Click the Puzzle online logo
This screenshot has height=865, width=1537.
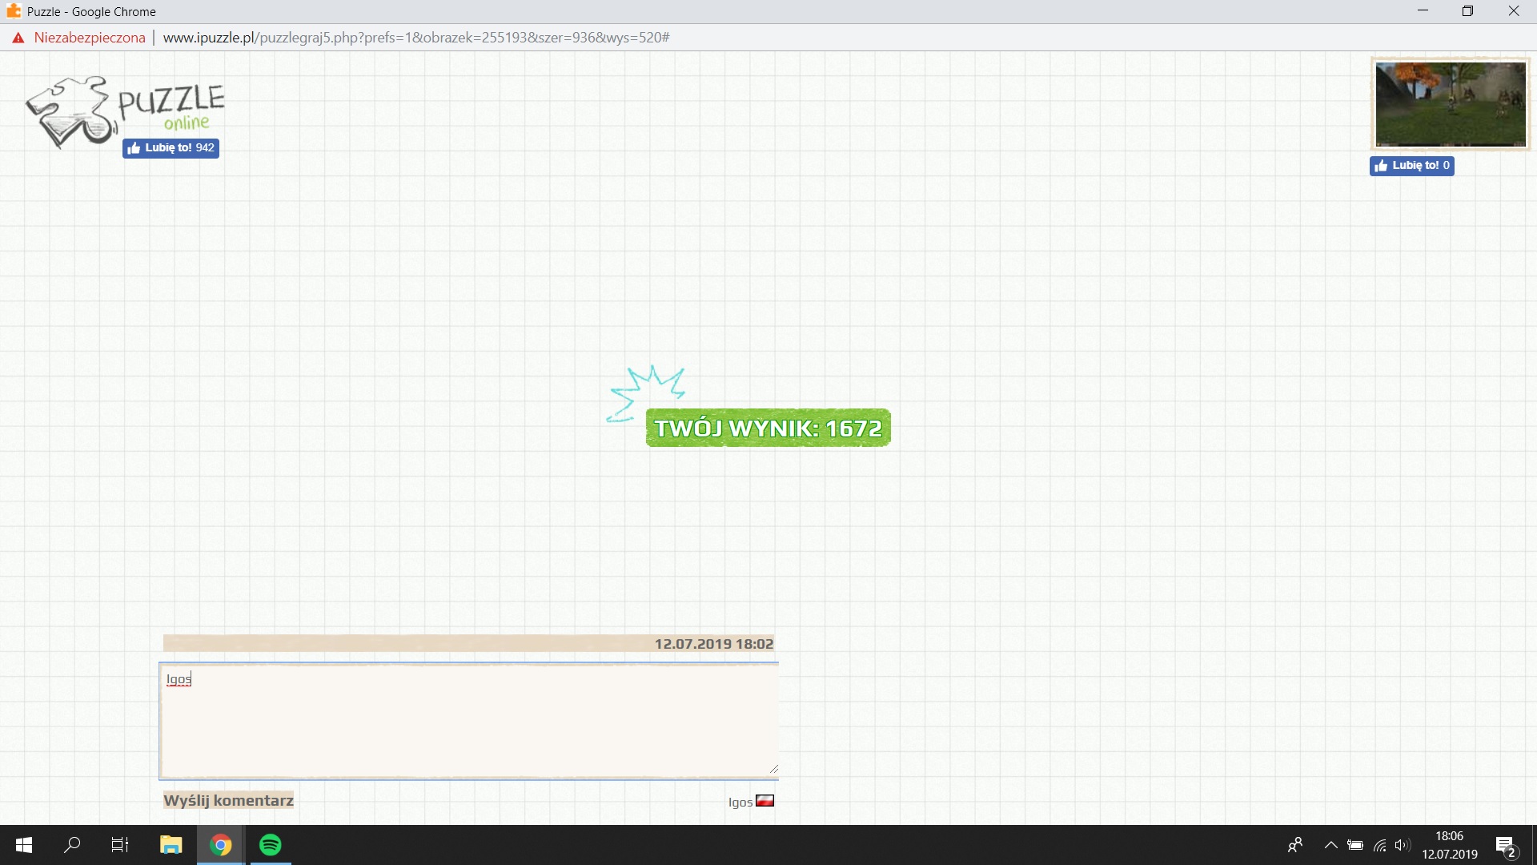(126, 112)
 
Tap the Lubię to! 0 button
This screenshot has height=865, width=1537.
(1411, 166)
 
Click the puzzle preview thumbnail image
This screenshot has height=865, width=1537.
(1450, 104)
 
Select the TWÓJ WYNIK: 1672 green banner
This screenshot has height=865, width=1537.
(768, 428)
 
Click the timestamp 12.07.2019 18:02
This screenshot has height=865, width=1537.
(713, 644)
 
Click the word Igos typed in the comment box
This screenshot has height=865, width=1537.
(179, 679)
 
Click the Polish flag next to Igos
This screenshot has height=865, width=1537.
(764, 800)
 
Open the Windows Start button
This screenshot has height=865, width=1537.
(24, 845)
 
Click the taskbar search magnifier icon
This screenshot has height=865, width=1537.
(72, 845)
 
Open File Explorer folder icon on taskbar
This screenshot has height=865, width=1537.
(171, 845)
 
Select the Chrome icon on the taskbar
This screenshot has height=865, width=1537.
(221, 845)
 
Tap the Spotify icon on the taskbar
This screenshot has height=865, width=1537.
(271, 845)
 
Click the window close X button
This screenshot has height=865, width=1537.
(1514, 11)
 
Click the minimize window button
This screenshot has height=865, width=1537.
(1423, 11)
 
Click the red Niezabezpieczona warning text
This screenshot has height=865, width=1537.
(90, 38)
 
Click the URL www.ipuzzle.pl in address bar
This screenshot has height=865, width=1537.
(209, 38)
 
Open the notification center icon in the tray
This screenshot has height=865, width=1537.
(1506, 846)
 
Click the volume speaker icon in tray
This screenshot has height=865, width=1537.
(1402, 845)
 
